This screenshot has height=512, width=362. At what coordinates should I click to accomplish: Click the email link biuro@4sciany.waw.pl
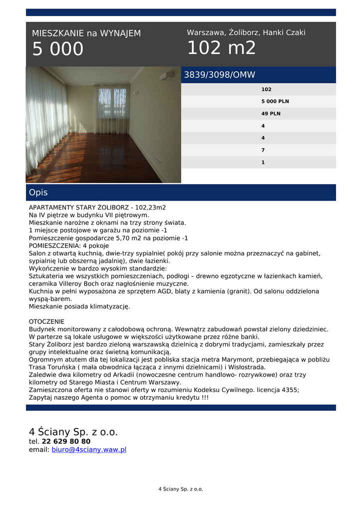click(89, 449)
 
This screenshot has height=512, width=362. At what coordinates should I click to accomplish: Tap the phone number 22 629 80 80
click(66, 441)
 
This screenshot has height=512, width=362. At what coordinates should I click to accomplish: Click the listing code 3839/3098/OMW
click(220, 75)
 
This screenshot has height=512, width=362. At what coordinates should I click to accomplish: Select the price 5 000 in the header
click(58, 49)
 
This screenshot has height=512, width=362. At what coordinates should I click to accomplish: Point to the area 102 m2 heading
click(221, 48)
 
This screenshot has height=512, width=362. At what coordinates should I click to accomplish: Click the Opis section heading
click(38, 192)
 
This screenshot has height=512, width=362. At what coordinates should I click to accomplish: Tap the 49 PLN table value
click(271, 113)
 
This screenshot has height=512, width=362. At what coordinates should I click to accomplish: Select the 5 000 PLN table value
click(275, 101)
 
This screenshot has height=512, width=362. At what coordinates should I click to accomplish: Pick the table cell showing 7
click(263, 150)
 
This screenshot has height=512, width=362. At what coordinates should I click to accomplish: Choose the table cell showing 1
click(263, 162)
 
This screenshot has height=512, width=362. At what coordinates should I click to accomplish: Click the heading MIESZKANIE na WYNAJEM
click(86, 33)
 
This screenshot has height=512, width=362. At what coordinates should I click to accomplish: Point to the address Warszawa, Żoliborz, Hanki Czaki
click(246, 32)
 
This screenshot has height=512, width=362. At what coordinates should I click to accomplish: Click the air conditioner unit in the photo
click(167, 75)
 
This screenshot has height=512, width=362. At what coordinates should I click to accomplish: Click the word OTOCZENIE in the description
click(46, 321)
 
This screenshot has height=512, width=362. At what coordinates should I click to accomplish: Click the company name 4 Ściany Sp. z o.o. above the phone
click(73, 432)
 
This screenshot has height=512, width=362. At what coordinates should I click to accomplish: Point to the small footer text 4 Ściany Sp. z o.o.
click(181, 489)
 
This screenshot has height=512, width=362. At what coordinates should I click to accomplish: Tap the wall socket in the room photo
click(159, 160)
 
